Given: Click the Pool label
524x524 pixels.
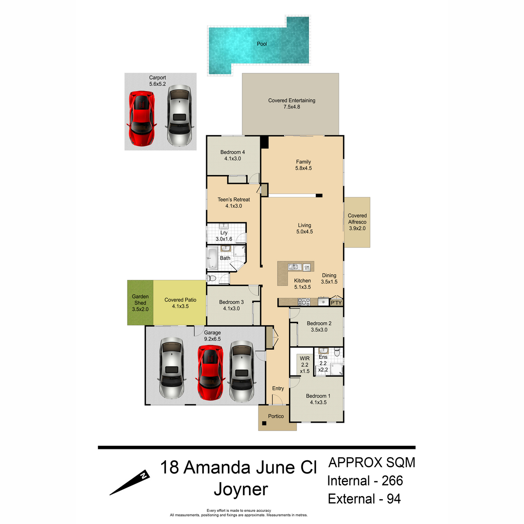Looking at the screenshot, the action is [262, 44].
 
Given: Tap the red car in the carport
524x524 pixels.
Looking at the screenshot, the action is [141, 118].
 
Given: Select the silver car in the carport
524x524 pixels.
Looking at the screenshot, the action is [179, 115].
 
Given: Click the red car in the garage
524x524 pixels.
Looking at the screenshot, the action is [210, 372].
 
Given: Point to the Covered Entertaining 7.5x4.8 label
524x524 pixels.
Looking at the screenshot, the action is [292, 103].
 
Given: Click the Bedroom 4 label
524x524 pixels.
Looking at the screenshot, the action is [232, 152].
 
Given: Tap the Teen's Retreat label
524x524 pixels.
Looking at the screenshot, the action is [234, 200].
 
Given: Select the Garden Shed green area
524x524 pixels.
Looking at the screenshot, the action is [140, 303].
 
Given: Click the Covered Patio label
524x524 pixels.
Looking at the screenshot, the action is [180, 300].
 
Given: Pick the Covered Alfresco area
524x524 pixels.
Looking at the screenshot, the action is [357, 222].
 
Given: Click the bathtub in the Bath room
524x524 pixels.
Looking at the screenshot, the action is [212, 258].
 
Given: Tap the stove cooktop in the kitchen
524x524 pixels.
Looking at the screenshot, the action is [304, 302].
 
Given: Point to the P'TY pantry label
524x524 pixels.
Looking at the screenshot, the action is [336, 303].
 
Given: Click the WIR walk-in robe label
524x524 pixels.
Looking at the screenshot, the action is [304, 359].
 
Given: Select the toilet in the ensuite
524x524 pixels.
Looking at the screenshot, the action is [337, 352].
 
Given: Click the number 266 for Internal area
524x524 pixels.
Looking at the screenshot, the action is [392, 481].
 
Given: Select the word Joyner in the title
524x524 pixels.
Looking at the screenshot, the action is [241, 490].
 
